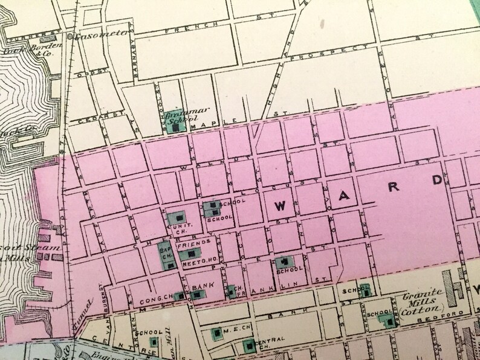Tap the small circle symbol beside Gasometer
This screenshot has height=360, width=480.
(x=70, y=36)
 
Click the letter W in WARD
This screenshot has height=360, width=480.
(x=280, y=205)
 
